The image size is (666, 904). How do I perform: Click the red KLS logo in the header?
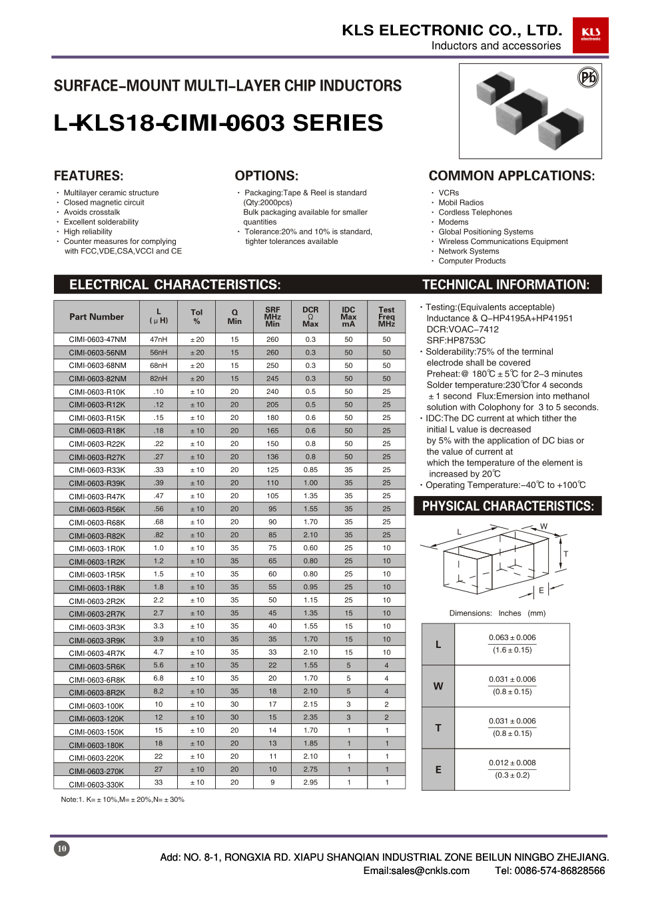(x=590, y=35)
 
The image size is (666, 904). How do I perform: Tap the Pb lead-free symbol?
(x=588, y=78)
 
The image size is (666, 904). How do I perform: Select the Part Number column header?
(x=97, y=317)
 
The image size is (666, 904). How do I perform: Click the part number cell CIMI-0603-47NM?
(x=97, y=339)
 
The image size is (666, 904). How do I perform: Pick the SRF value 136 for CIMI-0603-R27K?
(x=272, y=457)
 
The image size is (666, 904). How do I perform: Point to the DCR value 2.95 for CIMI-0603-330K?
(x=310, y=782)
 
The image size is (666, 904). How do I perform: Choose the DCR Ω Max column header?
(x=310, y=317)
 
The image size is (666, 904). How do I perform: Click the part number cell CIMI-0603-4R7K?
(x=97, y=653)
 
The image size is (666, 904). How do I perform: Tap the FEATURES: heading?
(x=89, y=176)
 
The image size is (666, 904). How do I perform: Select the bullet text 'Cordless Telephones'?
(x=476, y=212)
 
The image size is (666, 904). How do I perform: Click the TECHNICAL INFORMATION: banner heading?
(x=505, y=285)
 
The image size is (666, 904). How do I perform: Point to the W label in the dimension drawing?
(x=543, y=527)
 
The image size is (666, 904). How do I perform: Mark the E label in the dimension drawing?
(x=541, y=591)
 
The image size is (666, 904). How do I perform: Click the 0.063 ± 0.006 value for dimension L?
(x=512, y=637)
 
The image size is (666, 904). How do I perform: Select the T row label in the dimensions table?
(x=438, y=728)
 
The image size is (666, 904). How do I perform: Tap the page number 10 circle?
(x=61, y=849)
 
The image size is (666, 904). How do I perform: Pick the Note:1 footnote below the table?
(x=123, y=799)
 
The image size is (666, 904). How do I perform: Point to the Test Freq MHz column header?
(x=386, y=317)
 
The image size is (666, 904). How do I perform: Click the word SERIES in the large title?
(x=338, y=123)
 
